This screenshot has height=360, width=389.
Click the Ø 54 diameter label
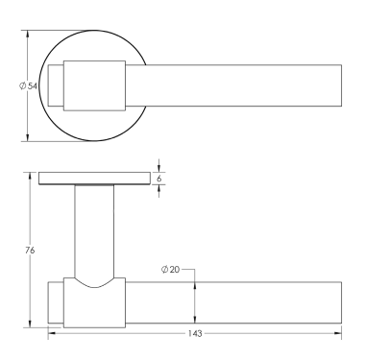(28, 86)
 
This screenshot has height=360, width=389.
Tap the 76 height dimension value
(30, 251)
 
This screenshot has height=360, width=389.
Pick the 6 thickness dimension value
(160, 178)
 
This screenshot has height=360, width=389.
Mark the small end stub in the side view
(56, 305)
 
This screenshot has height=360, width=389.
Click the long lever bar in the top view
(240, 86)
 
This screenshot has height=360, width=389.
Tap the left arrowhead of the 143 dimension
(51, 333)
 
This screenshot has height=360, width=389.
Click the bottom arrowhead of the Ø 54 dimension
(28, 138)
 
